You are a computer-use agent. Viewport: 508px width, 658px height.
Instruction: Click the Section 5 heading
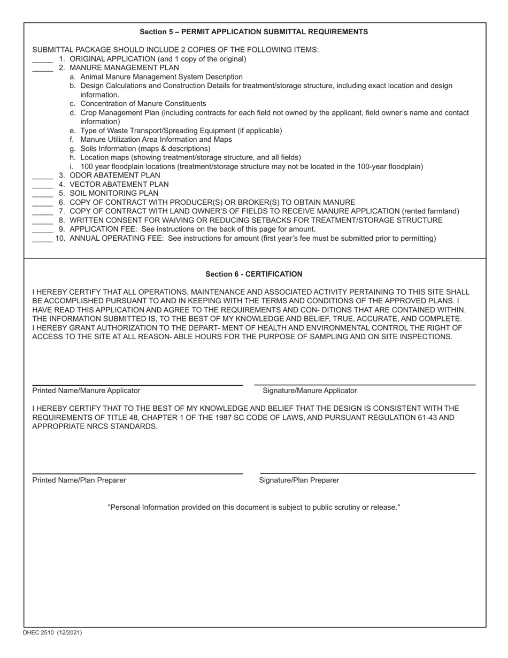pos(253,32)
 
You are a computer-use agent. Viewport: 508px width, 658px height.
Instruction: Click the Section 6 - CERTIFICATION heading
pos(253,274)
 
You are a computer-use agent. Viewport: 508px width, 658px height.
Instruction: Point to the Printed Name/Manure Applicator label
pos(86,391)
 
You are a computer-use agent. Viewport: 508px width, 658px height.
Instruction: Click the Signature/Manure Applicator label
pos(310,391)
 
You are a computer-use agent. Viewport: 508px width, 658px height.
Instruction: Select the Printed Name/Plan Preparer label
pos(79,480)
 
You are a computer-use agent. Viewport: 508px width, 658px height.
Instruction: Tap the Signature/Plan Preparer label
pos(299,480)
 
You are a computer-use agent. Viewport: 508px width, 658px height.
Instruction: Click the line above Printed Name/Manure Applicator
pos(137,384)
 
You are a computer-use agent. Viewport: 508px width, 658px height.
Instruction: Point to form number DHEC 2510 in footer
pos(52,632)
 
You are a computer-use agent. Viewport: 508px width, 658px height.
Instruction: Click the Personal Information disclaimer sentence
pos(253,507)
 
